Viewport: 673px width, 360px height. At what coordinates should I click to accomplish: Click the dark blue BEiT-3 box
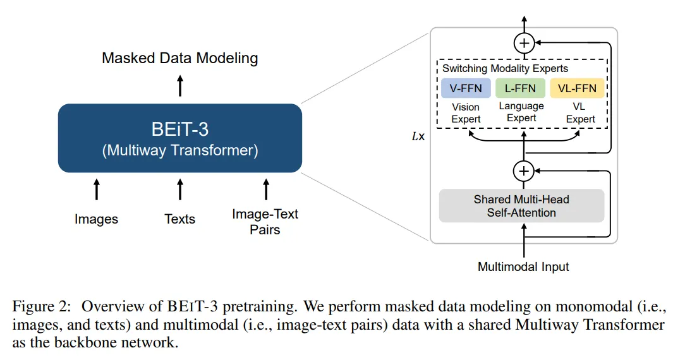pos(180,138)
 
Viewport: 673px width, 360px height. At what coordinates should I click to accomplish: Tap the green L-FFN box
pos(521,88)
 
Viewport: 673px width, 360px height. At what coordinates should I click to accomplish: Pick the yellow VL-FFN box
pos(577,88)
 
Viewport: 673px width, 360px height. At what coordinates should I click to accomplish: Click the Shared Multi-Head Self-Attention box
pos(521,206)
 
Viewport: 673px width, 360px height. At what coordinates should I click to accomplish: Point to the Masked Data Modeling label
pos(180,58)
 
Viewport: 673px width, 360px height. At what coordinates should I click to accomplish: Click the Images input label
pos(96,219)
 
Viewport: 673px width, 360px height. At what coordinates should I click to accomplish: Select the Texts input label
pos(180,219)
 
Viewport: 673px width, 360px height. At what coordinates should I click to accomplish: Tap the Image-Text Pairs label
pos(265,221)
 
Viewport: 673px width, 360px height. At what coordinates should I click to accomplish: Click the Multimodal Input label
pos(523,267)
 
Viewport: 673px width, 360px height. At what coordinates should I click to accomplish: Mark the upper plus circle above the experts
pos(524,43)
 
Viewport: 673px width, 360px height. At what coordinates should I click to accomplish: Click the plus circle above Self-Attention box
pos(524,171)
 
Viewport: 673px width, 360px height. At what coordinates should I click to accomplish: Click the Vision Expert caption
pos(466,113)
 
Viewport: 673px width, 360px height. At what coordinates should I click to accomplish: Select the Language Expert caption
pos(521,112)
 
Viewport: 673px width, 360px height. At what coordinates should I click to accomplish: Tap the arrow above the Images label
pos(96,189)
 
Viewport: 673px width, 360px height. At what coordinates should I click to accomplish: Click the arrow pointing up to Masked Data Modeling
pos(180,85)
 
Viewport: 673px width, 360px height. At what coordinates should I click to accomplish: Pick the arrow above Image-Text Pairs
pos(265,189)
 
